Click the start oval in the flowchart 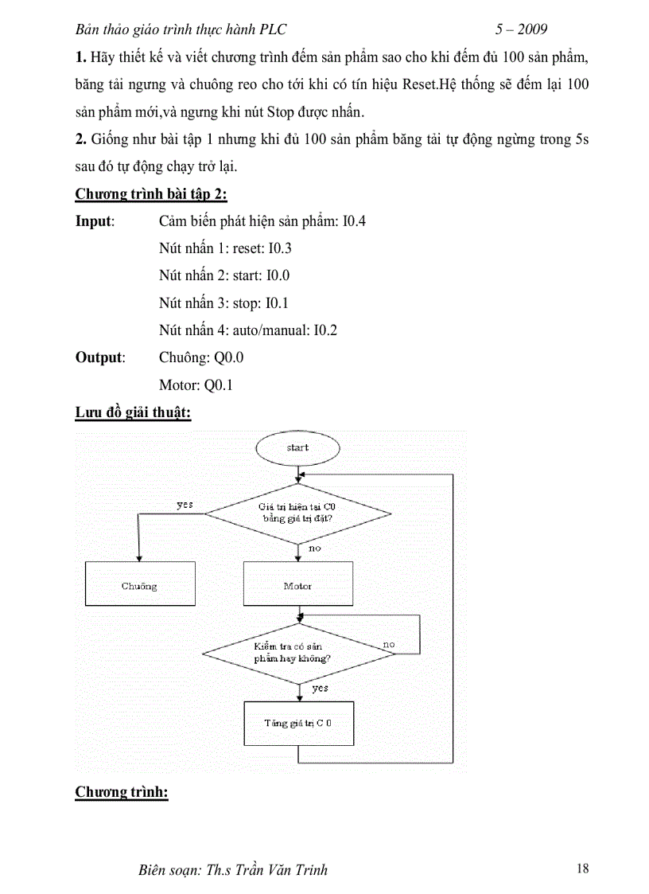(297, 448)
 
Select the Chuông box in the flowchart (139, 586)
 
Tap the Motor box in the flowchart (297, 586)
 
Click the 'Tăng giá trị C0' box (297, 723)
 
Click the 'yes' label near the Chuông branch (185, 505)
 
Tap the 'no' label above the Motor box (314, 549)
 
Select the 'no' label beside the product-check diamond (389, 643)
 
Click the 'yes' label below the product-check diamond (320, 688)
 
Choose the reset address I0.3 (280, 248)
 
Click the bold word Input (95, 221)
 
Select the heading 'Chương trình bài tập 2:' (151, 194)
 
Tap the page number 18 (582, 869)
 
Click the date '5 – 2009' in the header (521, 29)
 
